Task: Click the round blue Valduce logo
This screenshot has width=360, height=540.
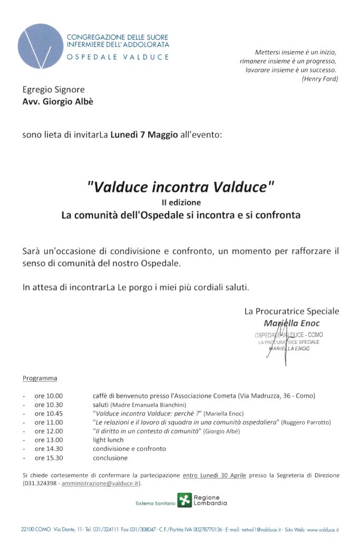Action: [x=41, y=46]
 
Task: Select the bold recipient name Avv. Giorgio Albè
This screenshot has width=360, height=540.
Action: [x=58, y=102]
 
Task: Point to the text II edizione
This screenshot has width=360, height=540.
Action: [x=181, y=202]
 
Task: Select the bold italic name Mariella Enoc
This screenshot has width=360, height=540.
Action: [x=291, y=323]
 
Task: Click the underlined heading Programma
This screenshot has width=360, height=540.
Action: [x=40, y=378]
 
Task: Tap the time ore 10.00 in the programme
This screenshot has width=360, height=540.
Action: [x=48, y=396]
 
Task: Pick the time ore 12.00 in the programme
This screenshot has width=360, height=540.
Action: [x=48, y=431]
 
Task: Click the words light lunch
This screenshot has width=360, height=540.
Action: [x=108, y=440]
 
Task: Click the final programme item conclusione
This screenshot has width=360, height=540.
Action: [x=110, y=458]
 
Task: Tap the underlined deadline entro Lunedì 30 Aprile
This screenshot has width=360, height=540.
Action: [x=215, y=475]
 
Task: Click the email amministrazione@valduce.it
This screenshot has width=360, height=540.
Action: [x=101, y=484]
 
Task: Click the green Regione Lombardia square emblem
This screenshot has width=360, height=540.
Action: [x=184, y=500]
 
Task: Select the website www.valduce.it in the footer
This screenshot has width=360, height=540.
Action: [x=323, y=529]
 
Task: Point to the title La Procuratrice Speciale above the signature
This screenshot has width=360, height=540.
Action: [x=291, y=311]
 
